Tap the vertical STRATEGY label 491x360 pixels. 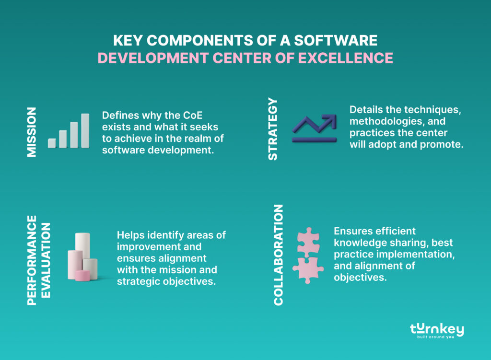[272, 128]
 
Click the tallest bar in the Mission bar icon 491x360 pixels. [85, 130]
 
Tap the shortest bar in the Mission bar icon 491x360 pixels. [52, 143]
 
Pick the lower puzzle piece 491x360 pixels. [308, 269]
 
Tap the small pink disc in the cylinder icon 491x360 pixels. [82, 275]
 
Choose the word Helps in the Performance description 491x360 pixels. [131, 235]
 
